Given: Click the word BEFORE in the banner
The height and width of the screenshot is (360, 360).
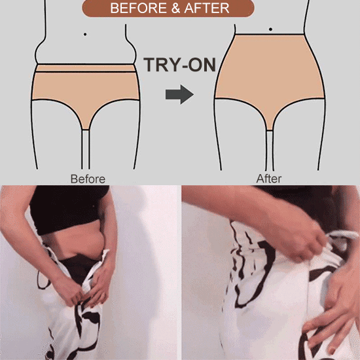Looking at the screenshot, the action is pyautogui.click(x=139, y=9).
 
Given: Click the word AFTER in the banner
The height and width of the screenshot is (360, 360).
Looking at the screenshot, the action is pyautogui.click(x=207, y=9).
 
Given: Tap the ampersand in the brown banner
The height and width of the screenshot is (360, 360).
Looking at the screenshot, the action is pyautogui.click(x=175, y=9).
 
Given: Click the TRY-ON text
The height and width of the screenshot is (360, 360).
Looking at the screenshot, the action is pyautogui.click(x=179, y=65).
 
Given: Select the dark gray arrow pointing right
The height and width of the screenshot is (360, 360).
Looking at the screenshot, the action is pyautogui.click(x=179, y=94).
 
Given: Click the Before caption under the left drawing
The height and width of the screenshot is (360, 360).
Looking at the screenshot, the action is pyautogui.click(x=88, y=179).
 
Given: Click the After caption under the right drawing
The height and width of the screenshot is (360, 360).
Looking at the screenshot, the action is pyautogui.click(x=269, y=179).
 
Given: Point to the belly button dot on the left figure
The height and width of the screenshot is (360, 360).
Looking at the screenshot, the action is pyautogui.click(x=85, y=35).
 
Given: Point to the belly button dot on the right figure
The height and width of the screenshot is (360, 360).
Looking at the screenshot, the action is pyautogui.click(x=270, y=29).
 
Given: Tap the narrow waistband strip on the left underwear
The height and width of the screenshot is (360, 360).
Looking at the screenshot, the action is pyautogui.click(x=85, y=68).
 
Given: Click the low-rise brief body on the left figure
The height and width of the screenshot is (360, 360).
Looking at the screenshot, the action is pyautogui.click(x=85, y=90).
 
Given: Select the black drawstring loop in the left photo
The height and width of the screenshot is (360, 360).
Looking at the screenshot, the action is pyautogui.click(x=43, y=280).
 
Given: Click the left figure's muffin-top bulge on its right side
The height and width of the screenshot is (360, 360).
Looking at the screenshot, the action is pyautogui.click(x=131, y=52).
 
